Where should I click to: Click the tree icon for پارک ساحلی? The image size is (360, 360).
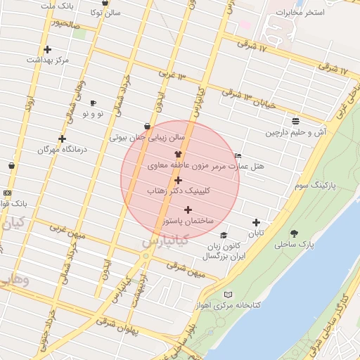click(x=294, y=233)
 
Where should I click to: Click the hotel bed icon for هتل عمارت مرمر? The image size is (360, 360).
click(x=238, y=156)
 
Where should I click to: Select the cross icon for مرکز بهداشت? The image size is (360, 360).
click(x=47, y=49)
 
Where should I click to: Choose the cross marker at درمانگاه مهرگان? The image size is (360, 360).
click(x=62, y=139)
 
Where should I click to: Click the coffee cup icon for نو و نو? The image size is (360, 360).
click(x=93, y=103)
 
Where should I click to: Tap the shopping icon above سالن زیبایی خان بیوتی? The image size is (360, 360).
click(x=147, y=127)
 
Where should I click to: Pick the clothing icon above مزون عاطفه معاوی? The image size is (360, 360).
click(x=177, y=155)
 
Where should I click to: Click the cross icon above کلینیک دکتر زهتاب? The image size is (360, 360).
click(x=178, y=181)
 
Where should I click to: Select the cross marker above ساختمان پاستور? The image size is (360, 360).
click(x=188, y=210)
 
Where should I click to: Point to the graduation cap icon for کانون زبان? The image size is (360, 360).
click(x=224, y=236)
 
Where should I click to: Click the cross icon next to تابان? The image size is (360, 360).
click(x=256, y=222)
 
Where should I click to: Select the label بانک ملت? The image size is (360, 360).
click(x=58, y=6)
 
